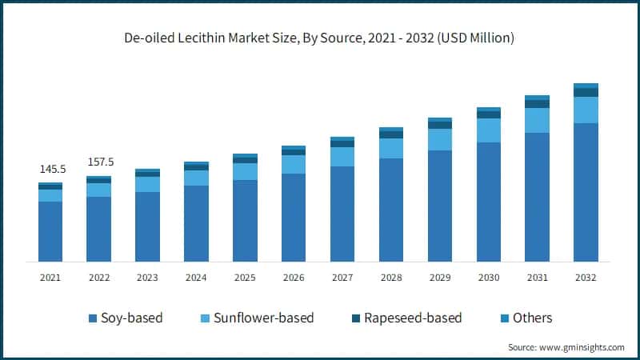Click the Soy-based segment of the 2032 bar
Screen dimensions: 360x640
586,192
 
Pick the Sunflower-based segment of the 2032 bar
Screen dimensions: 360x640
586,110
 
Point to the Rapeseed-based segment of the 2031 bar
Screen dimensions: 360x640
537,104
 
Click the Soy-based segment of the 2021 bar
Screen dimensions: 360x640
50,231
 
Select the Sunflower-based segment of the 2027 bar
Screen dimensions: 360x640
342,157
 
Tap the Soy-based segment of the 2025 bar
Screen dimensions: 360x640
245,221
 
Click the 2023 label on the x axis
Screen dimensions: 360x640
147,277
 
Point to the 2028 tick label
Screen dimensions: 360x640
391,277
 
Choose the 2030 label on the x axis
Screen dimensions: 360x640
489,277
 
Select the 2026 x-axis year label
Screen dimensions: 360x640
294,277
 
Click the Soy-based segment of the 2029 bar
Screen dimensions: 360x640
440,206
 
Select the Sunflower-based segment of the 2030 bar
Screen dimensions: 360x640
489,130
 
